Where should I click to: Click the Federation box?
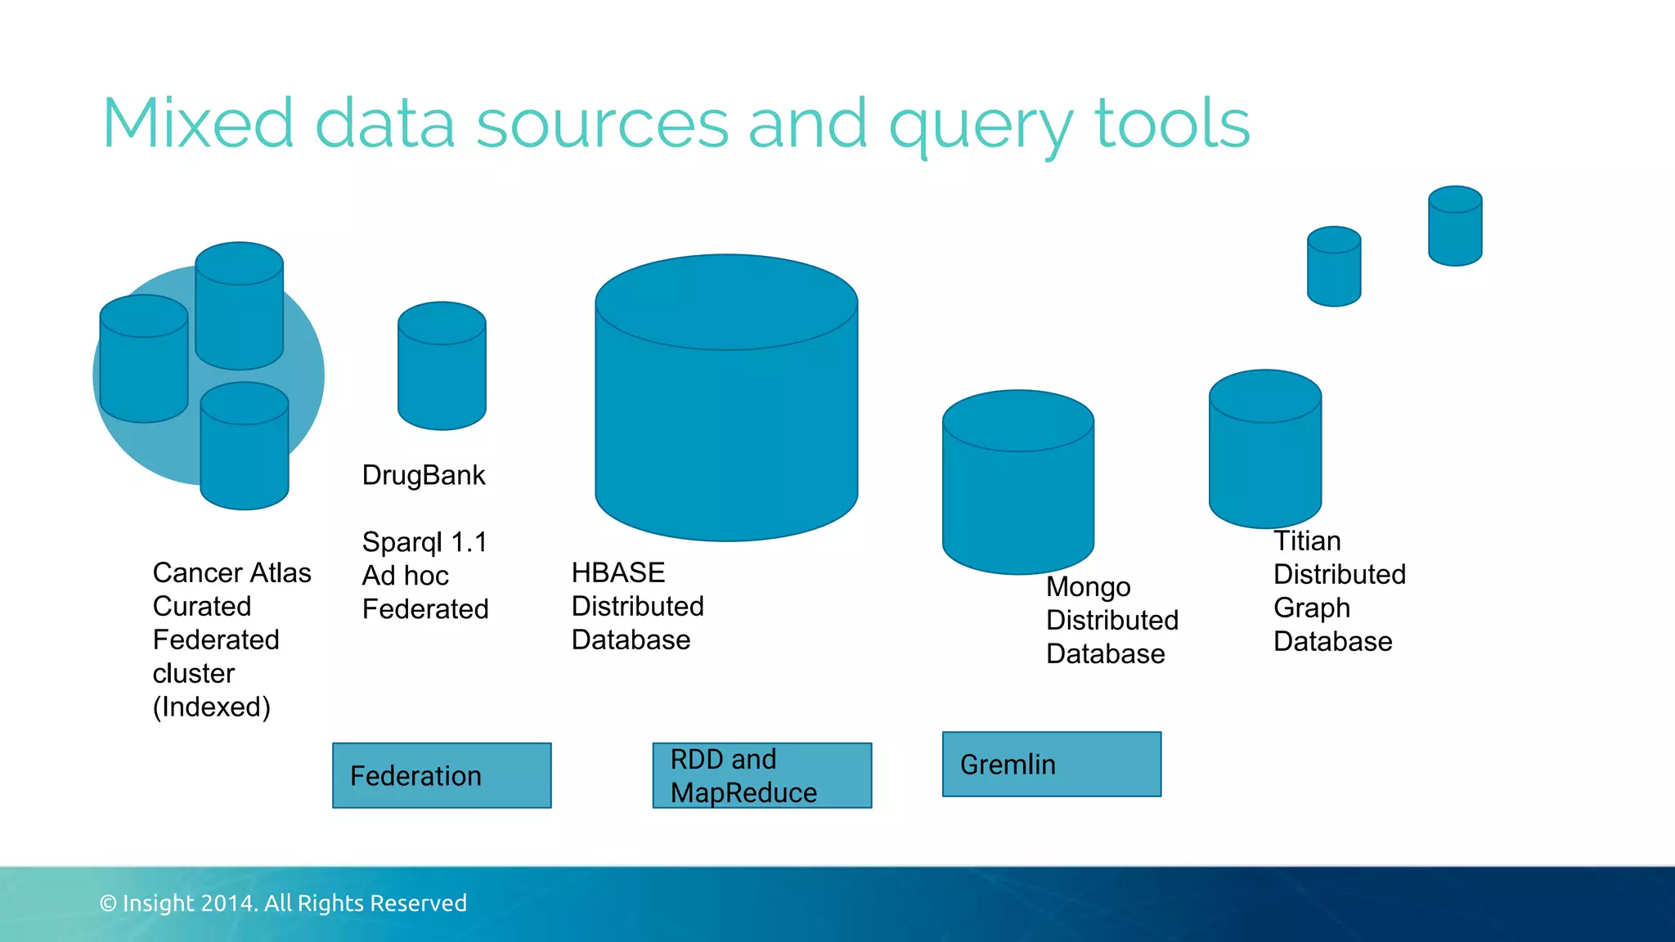[x=442, y=775]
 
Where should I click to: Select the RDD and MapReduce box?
[x=761, y=775]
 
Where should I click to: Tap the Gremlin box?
[x=1051, y=764]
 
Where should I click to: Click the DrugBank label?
[x=424, y=475]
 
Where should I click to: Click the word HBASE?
[x=618, y=572]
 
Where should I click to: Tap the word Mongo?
[x=1088, y=587]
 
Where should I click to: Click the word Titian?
[x=1307, y=541]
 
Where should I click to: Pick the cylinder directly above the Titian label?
[x=1264, y=450]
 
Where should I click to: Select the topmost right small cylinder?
[x=1455, y=226]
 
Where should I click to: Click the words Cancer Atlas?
[x=231, y=572]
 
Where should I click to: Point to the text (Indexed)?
[x=211, y=706]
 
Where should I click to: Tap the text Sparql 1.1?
[x=424, y=541]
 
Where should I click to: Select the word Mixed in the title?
[x=197, y=123]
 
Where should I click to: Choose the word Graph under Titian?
[x=1311, y=608]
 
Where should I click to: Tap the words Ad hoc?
[x=405, y=576]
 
